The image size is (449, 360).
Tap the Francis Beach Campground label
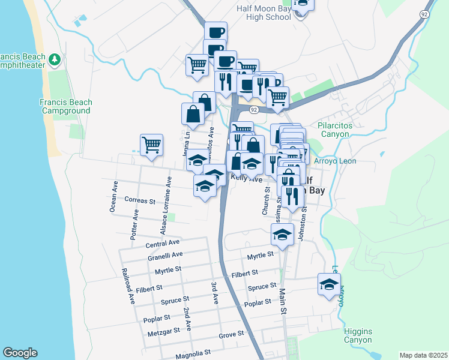[65, 106]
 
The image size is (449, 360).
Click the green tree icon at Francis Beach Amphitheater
[55, 59]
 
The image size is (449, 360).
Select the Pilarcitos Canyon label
[334, 130]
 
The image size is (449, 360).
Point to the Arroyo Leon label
[335, 161]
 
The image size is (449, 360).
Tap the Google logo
[20, 353]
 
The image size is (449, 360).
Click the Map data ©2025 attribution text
[423, 355]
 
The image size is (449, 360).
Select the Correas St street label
[140, 200]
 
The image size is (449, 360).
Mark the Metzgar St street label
[166, 331]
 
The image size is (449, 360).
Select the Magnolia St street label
[193, 355]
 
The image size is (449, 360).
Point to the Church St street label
[265, 201]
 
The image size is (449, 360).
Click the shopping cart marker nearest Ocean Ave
[151, 145]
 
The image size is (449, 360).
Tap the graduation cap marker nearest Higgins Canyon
[329, 284]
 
